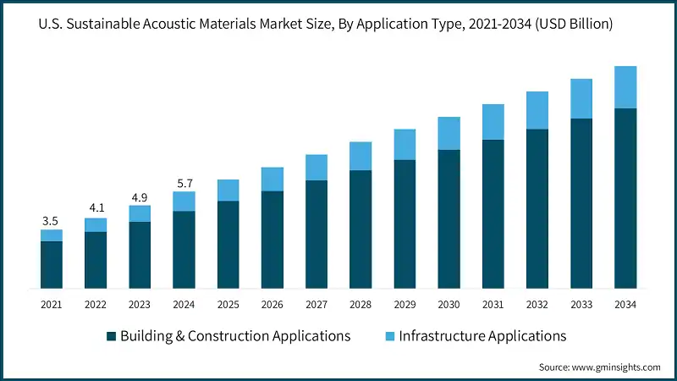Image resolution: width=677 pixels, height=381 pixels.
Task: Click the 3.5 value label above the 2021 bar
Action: [52, 221]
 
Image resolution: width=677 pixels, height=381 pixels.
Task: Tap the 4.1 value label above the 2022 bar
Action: [96, 209]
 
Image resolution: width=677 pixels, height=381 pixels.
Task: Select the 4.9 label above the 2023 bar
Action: [140, 196]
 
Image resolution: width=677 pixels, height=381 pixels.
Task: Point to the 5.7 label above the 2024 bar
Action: [184, 183]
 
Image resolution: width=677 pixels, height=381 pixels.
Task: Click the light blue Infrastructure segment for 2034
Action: [625, 87]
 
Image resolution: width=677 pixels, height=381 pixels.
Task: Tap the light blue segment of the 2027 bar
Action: [316, 168]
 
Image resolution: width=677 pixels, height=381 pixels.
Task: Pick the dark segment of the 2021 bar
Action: [52, 264]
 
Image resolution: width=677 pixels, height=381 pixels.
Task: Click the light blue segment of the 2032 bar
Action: [537, 110]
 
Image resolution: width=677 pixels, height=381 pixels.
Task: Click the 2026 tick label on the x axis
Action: [272, 304]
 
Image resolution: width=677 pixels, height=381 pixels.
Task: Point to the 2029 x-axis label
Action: [405, 304]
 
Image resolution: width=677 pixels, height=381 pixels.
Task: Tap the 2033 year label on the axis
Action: [581, 304]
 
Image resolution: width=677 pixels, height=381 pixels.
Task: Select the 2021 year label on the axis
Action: [52, 304]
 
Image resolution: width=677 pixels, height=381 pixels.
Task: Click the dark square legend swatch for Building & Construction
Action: [111, 336]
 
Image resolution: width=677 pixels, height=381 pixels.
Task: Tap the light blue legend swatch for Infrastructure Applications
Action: [389, 336]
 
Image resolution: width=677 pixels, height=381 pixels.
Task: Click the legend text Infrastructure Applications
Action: [482, 336]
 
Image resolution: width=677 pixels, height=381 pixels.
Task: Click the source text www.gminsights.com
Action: [619, 367]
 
